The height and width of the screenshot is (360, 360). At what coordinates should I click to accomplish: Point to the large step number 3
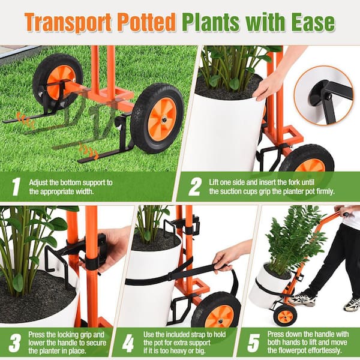point(14,343)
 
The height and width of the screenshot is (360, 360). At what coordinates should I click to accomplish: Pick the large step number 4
point(128,343)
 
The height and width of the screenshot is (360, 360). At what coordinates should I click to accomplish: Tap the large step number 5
point(254,343)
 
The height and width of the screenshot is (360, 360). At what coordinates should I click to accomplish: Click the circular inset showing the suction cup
point(323,95)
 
